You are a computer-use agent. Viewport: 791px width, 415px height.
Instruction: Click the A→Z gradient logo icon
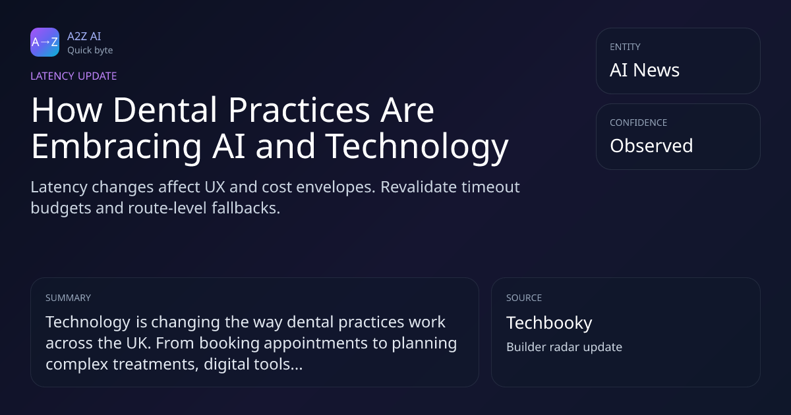point(45,42)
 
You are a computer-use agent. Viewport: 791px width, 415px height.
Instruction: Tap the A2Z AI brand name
point(84,36)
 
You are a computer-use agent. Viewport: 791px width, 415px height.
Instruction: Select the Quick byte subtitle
point(90,51)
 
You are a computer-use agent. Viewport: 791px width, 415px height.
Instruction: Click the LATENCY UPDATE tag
point(73,76)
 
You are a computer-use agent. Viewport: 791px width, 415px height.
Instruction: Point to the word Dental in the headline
point(165,110)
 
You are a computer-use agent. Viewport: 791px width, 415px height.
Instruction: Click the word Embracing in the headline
point(116,146)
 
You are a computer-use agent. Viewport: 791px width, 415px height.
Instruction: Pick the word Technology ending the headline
point(417,146)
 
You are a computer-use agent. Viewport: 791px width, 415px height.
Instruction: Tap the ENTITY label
point(625,47)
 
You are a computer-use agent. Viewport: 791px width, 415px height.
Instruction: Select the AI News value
point(645,70)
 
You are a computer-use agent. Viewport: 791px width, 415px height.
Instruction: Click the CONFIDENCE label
point(639,123)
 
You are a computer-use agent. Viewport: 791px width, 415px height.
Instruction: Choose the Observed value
point(651,146)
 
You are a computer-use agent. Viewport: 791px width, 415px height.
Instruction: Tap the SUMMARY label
point(68,298)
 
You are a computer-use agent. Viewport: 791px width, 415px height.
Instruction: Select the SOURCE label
point(524,298)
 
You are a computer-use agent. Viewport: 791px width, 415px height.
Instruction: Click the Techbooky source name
point(549,323)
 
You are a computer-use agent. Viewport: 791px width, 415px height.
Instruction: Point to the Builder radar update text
point(564,347)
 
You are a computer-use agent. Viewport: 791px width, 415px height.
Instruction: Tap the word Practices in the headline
point(299,110)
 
